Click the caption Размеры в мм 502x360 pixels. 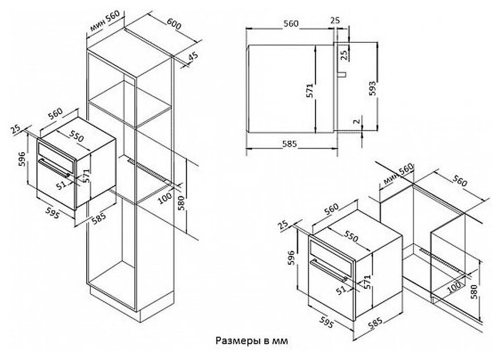tap(251, 341)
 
